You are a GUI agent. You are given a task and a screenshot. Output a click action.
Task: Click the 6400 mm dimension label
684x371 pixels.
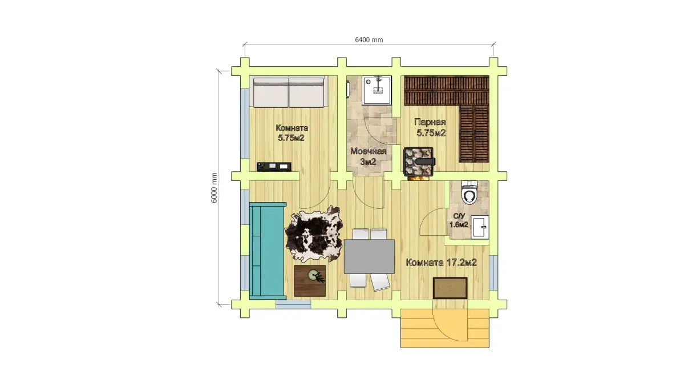coord(369,40)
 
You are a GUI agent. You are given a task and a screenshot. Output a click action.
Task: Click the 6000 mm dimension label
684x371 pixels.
coord(214,188)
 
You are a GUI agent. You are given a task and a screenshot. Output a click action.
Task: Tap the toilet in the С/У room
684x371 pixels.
coord(470,192)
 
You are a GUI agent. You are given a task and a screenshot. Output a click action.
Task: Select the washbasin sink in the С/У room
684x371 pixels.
coord(480,227)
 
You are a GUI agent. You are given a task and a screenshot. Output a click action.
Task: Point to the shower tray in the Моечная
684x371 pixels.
coord(377,90)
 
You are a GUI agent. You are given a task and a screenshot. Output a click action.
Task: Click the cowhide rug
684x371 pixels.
coord(313,233)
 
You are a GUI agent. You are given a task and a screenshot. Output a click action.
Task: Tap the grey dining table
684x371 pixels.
coord(369,256)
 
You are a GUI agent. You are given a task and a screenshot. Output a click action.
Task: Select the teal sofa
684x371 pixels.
coord(268,251)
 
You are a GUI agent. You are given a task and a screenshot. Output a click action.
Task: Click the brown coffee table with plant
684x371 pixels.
coord(310,281)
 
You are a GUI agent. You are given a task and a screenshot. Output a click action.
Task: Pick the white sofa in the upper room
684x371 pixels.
coord(289,92)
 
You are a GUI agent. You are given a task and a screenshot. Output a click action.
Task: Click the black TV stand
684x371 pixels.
coord(274,166)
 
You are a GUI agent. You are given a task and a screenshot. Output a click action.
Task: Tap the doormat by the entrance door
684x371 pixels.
coord(450,288)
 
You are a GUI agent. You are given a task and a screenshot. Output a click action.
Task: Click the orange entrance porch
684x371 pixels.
coord(445,328)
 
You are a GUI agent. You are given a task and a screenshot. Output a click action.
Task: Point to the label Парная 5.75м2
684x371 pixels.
coord(431,127)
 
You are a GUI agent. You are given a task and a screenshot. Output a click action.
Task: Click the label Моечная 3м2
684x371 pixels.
coord(368,156)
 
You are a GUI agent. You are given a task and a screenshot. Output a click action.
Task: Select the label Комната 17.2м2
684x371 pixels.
coord(441,263)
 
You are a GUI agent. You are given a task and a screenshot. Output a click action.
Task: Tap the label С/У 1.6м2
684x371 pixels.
coord(459,220)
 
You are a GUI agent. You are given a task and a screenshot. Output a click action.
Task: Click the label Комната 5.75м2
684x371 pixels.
coord(292,133)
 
